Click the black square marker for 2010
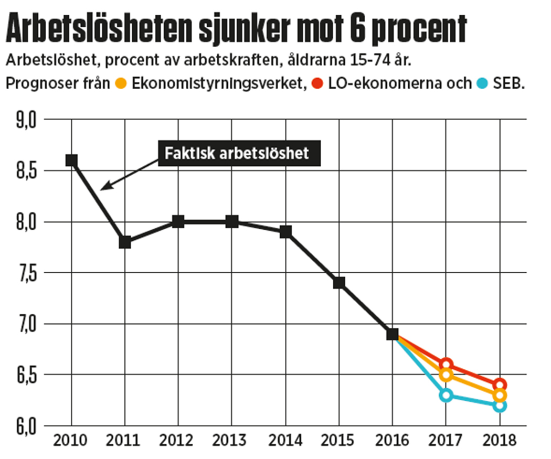click(71, 160)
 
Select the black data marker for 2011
click(125, 242)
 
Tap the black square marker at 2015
click(339, 283)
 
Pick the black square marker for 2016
click(393, 334)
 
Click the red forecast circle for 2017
click(446, 365)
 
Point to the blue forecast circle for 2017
click(446, 395)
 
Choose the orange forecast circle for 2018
click(500, 395)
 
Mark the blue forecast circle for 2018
click(500, 405)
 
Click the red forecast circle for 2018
click(500, 385)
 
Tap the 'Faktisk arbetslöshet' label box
click(239, 154)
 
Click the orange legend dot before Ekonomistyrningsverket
click(121, 83)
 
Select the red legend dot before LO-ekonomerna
click(316, 83)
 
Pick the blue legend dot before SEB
click(483, 83)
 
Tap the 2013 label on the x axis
click(231, 441)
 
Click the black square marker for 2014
click(285, 232)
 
